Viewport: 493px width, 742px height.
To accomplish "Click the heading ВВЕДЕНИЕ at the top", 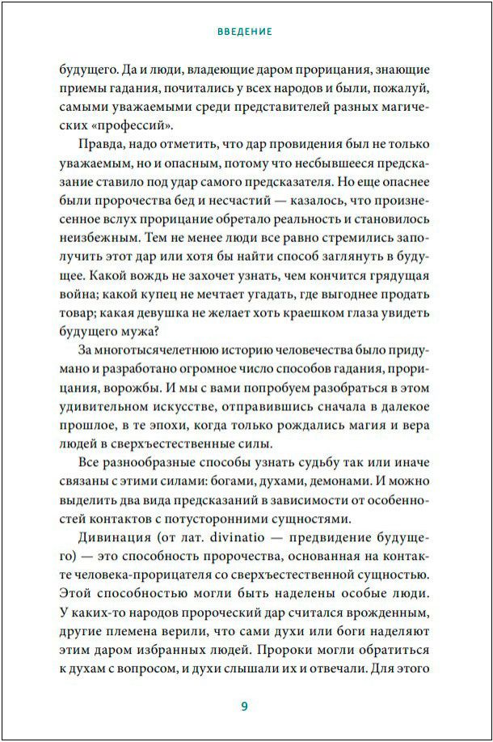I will [x=245, y=32].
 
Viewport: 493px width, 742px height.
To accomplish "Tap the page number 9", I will [x=244, y=706].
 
